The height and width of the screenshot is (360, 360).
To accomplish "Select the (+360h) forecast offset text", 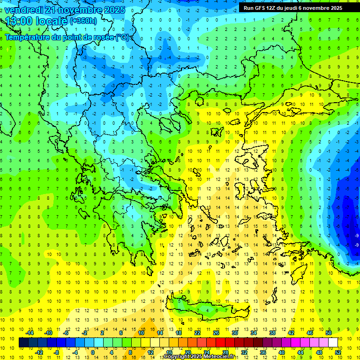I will (x=83, y=21).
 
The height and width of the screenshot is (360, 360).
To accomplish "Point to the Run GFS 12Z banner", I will (x=292, y=8).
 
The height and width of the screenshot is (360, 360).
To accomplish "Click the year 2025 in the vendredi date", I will (x=113, y=10).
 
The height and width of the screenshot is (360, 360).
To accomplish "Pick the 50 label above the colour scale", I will (x=329, y=333).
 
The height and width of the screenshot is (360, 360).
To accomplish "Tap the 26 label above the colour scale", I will (x=216, y=333).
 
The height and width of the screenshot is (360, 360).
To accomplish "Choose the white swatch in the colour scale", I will (x=333, y=342).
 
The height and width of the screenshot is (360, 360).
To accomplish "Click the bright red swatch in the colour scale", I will (x=221, y=342).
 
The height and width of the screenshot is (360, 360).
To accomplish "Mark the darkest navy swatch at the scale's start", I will (x=23, y=342).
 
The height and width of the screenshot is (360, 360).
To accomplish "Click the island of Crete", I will (x=211, y=309).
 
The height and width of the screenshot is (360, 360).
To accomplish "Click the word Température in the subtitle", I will (x=28, y=37).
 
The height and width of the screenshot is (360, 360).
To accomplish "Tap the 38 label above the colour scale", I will (x=272, y=333).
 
